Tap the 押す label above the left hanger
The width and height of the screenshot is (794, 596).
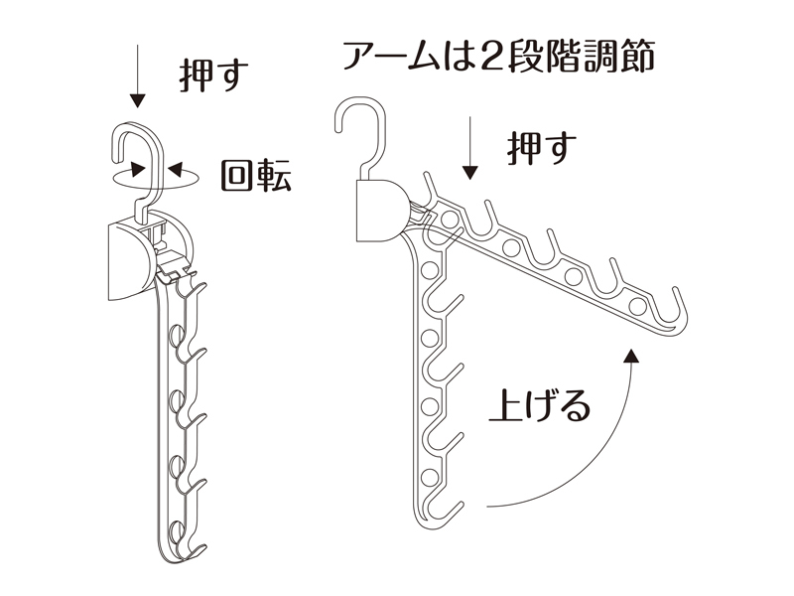[x=213, y=76]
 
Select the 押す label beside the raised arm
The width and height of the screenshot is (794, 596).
[x=541, y=148]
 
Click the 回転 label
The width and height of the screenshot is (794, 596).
[x=256, y=176]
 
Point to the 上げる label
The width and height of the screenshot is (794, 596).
[x=540, y=405]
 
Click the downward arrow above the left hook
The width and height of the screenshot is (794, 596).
[x=137, y=76]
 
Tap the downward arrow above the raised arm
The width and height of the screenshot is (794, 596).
[x=470, y=148]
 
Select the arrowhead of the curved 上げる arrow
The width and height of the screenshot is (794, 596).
[x=631, y=356]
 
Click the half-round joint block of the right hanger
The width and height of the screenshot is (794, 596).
[x=381, y=210]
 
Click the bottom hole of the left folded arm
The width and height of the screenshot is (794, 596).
[x=177, y=530]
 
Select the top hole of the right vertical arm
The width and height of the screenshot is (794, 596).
[x=430, y=269]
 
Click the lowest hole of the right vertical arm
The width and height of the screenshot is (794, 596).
[x=430, y=476]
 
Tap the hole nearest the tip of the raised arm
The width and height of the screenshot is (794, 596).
[x=637, y=306]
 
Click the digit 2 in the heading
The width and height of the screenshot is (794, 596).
[x=484, y=56]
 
